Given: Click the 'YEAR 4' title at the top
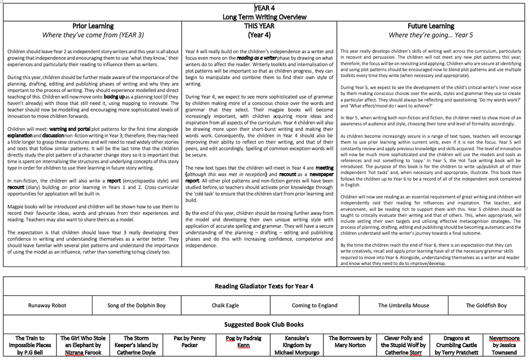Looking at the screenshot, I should [264, 8].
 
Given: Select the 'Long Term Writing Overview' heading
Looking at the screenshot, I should [264, 17].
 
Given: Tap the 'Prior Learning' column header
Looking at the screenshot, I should [93, 26].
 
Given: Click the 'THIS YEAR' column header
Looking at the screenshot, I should [259, 26].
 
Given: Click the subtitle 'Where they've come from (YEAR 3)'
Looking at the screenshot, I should [93, 35].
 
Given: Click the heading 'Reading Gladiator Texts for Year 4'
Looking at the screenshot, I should [264, 286].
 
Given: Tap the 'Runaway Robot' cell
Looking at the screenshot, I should [48, 305].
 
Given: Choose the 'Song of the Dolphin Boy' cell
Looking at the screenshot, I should [136, 305].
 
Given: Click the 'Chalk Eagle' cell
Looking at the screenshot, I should [225, 305].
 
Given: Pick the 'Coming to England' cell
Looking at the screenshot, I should [314, 305].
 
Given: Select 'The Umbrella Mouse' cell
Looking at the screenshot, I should [403, 305].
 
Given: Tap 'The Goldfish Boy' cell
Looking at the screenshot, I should [486, 305].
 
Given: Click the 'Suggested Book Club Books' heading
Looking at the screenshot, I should [264, 324].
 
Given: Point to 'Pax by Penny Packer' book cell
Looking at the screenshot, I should [190, 342].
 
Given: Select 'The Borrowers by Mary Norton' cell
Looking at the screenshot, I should [350, 342].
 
